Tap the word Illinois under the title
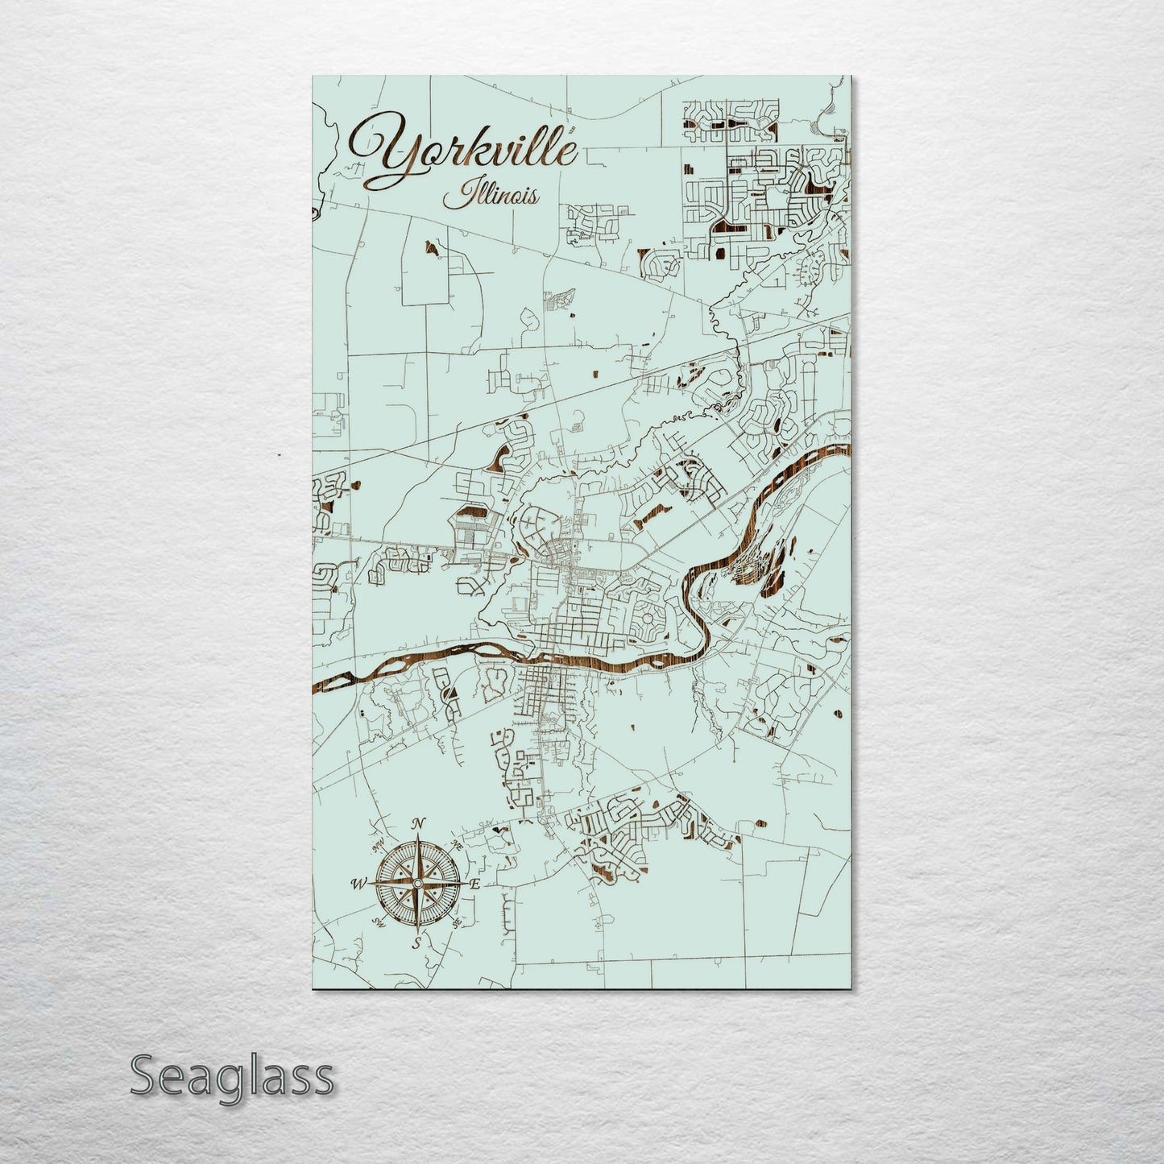click(x=499, y=194)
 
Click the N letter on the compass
click(x=418, y=823)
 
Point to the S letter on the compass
click(x=416, y=942)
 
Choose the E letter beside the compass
click(x=474, y=884)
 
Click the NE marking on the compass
click(x=456, y=845)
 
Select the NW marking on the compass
click(x=376, y=846)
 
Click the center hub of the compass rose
click(x=416, y=884)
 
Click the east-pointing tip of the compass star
click(x=465, y=884)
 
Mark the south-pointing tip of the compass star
click(x=416, y=931)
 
